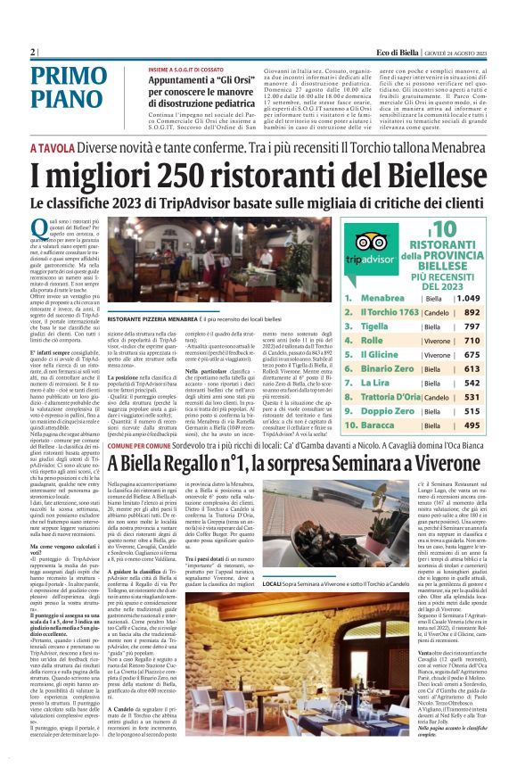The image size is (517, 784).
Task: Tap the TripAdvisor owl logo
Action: (371, 241)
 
